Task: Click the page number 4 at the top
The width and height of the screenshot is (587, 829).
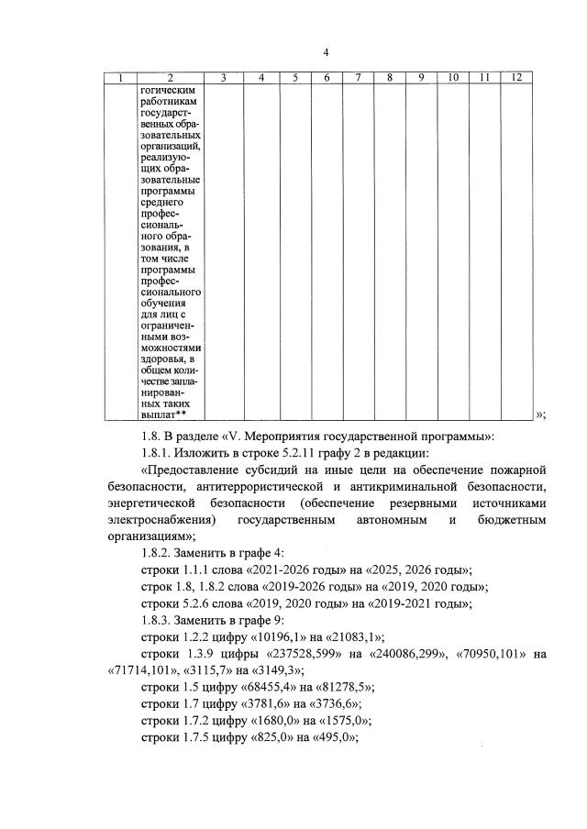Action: (326, 51)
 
